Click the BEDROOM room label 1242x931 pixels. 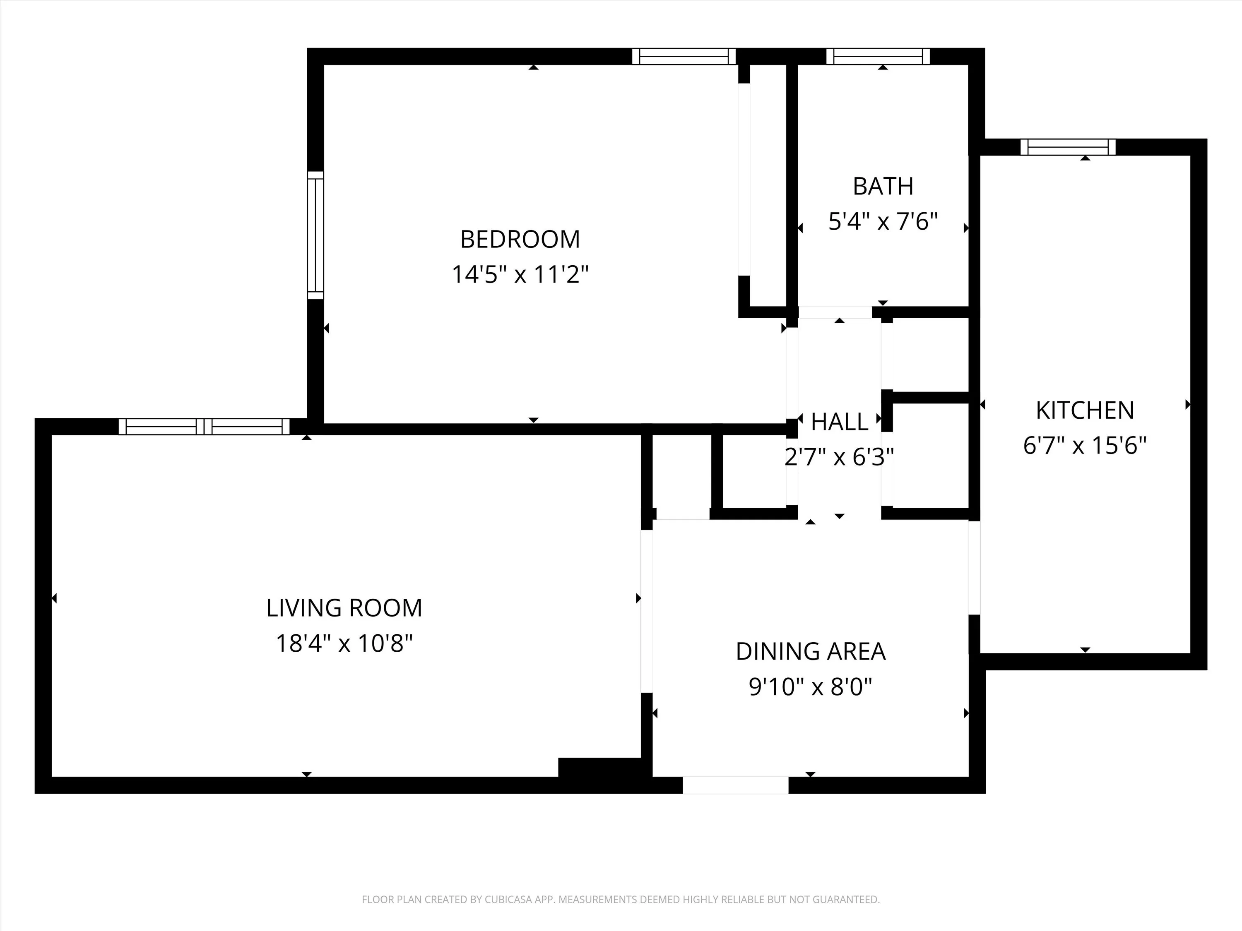coord(520,240)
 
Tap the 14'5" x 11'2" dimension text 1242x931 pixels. coord(520,275)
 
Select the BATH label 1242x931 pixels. coord(883,186)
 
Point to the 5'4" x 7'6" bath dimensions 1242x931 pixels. coord(883,222)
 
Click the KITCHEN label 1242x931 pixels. coord(1084,411)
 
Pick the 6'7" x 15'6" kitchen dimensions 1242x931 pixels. coord(1084,446)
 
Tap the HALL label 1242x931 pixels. coord(840,422)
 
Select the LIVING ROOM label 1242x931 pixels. coord(344,608)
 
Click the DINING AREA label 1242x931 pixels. coord(810,652)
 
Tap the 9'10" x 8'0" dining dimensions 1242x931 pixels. coord(810,687)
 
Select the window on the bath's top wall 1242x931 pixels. coord(878,56)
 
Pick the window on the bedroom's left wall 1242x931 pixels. coord(315,235)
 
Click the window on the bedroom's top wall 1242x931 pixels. coord(684,56)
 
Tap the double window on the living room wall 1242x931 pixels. coord(205,427)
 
